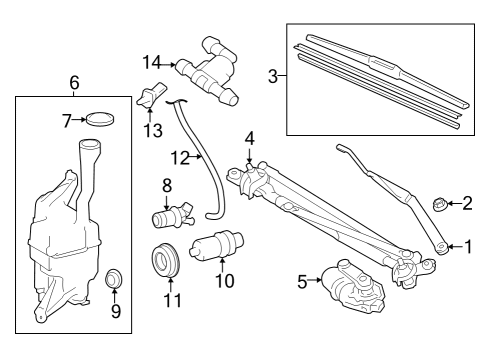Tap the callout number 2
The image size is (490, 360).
pos(467,205)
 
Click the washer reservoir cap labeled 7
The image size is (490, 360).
pos(100,120)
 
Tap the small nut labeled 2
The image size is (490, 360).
pos(438,206)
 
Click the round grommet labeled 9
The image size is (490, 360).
pos(114,276)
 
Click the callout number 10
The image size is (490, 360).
pos(224,282)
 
